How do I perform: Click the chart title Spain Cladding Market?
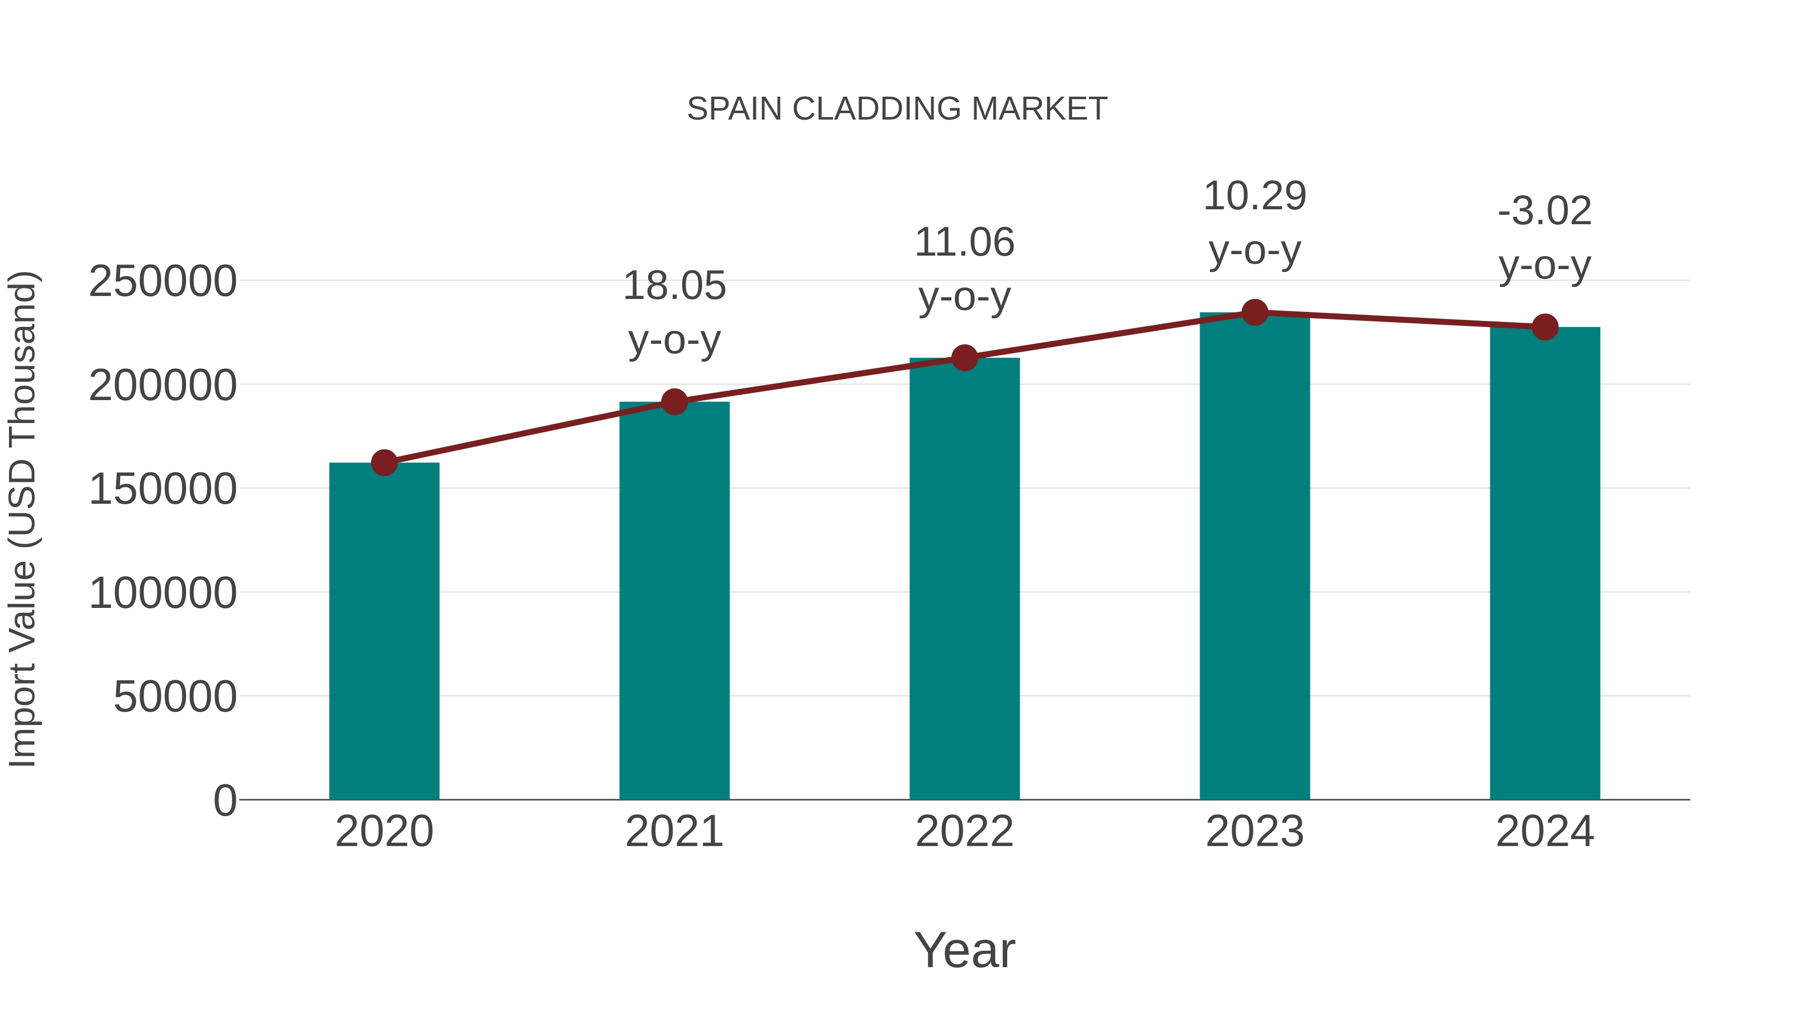pos(897,109)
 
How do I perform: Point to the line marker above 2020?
pos(384,462)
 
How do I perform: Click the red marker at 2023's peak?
pos(1255,312)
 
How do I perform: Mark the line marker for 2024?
pos(1545,326)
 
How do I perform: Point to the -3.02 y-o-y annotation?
pos(1545,238)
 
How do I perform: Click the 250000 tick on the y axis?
pos(163,282)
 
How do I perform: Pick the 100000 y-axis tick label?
pos(163,593)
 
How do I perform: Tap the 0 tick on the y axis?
pos(224,800)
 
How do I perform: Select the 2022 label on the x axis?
pos(964,832)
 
